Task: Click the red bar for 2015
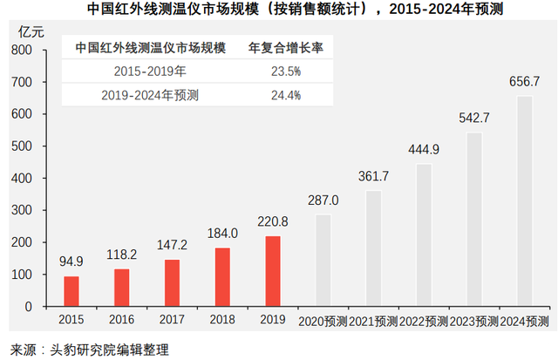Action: [71, 290]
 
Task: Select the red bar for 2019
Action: [273, 270]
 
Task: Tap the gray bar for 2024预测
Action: [525, 200]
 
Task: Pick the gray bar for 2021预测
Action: [373, 248]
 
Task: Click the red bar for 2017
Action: [173, 282]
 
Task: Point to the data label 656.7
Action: [525, 81]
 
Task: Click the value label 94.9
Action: [71, 261]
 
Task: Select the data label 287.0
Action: [323, 200]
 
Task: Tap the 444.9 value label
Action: [424, 149]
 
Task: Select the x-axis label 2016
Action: [122, 321]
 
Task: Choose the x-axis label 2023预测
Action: [474, 321]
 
